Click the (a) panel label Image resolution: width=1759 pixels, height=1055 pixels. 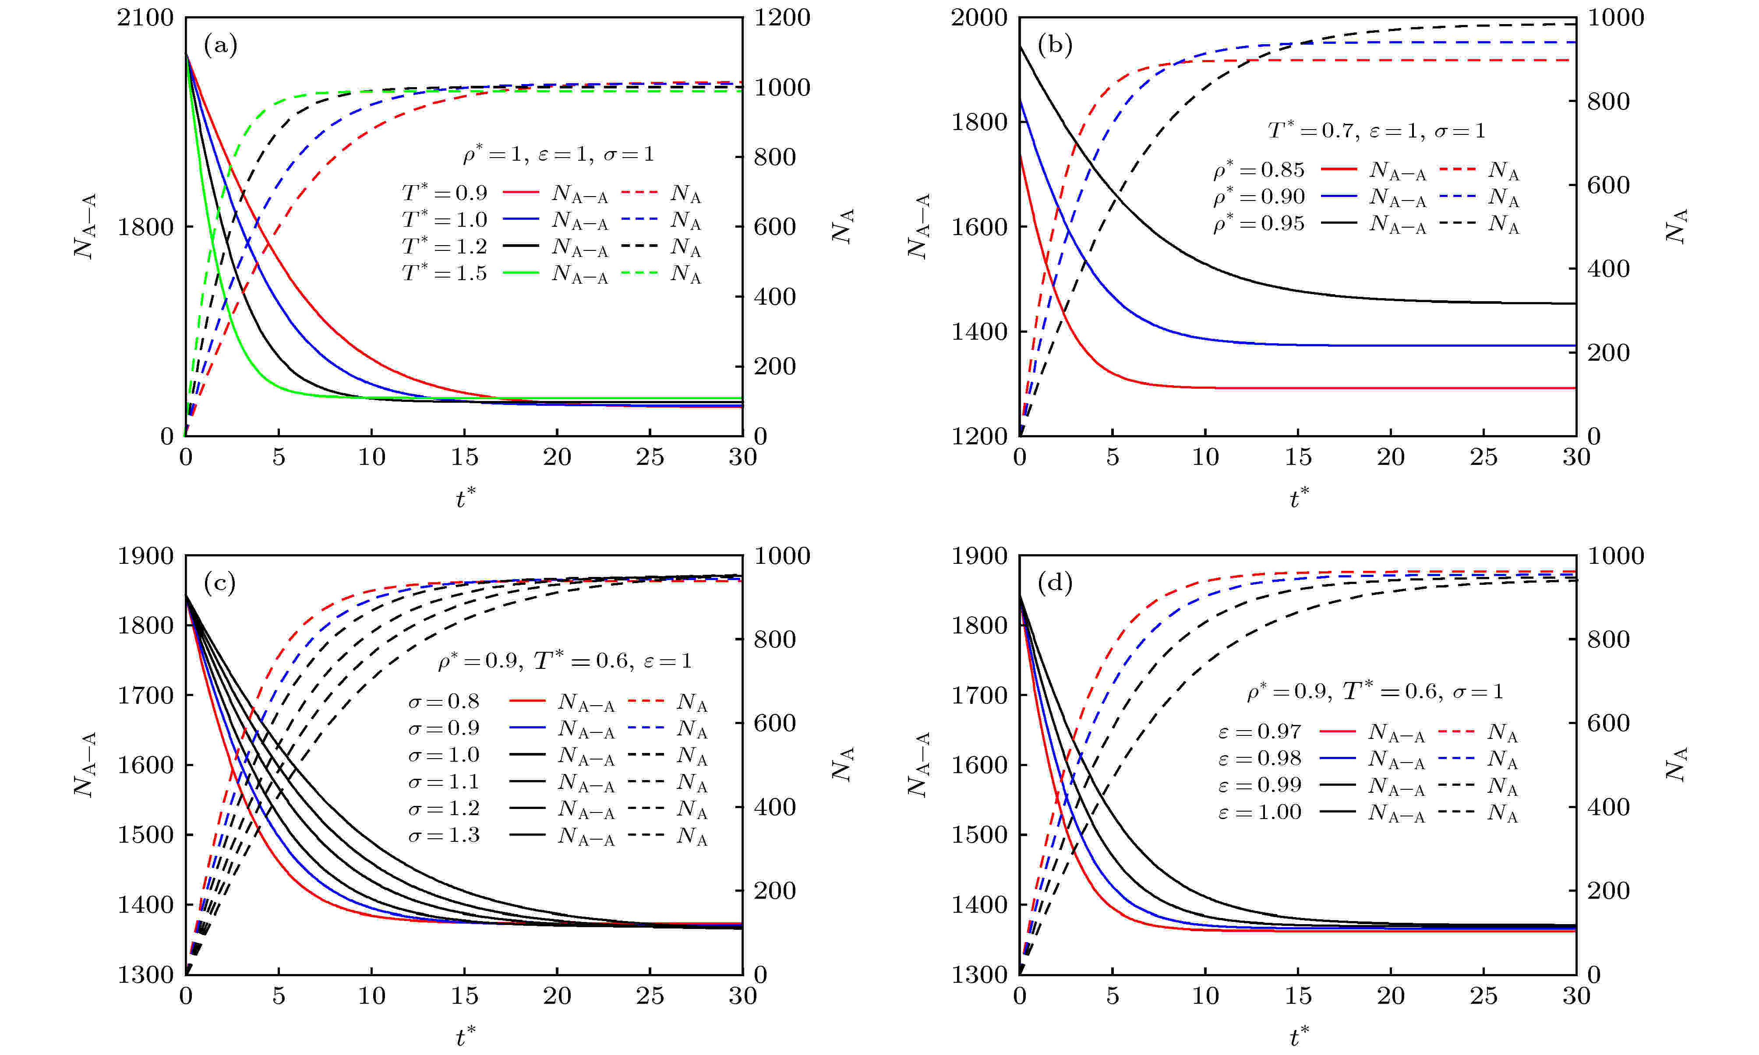pos(220,46)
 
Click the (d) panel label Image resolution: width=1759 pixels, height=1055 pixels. pos(1054,584)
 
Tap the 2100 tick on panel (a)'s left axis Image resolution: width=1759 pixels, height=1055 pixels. pos(146,18)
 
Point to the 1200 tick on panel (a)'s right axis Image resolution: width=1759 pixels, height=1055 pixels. pos(782,18)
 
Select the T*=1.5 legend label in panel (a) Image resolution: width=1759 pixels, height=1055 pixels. pos(445,273)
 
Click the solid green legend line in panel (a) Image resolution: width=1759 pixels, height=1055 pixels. pos(521,273)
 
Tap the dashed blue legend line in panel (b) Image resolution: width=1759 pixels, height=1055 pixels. pos(1457,196)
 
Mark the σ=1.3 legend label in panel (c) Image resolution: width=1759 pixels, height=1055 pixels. pos(444,835)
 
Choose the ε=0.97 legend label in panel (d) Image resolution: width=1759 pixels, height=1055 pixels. pos(1259,731)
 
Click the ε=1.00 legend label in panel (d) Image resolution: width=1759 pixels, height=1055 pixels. pos(1259,812)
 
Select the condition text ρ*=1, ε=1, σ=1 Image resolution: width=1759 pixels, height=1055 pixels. pos(558,154)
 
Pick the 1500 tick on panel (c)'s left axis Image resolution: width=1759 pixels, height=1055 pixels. pos(146,835)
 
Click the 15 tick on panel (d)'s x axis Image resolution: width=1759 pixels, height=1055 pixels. pos(1298,996)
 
